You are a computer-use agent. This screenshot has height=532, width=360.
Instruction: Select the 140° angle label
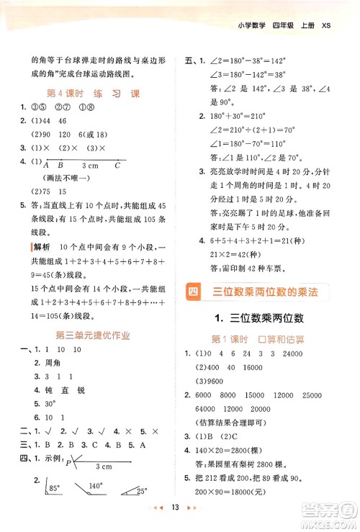94,487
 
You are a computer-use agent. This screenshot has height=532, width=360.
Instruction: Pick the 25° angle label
141,491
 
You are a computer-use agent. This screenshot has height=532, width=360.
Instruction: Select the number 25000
333,395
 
